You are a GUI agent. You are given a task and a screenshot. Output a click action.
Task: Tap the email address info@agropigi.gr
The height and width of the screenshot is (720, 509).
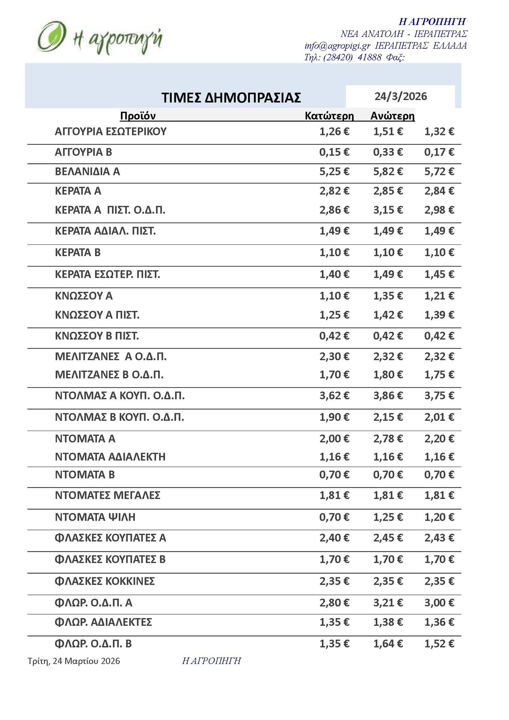[x=337, y=46]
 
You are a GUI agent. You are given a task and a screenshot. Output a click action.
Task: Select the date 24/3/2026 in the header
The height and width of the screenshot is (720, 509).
[x=400, y=96]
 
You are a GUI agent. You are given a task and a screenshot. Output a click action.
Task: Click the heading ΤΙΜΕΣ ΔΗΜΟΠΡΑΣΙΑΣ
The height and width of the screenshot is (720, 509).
[x=231, y=98]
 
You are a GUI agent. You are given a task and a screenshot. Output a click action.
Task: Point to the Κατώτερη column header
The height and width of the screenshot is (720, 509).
[x=329, y=116]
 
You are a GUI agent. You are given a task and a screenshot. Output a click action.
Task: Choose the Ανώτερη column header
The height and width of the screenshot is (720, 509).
[x=392, y=116]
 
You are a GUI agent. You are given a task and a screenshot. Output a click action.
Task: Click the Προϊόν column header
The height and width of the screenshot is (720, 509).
[x=138, y=116]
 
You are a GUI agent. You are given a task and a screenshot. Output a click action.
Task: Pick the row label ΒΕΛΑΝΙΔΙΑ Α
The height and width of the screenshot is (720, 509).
[x=87, y=171]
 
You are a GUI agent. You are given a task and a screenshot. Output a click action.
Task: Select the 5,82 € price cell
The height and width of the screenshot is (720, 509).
[x=388, y=171]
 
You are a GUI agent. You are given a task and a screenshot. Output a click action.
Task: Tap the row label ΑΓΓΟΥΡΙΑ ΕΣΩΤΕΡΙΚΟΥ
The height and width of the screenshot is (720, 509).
[x=111, y=132]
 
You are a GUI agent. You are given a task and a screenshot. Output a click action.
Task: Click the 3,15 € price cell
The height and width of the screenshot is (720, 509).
[x=388, y=210]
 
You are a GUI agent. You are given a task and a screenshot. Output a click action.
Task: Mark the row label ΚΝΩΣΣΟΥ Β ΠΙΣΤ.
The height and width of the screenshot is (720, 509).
[x=97, y=336]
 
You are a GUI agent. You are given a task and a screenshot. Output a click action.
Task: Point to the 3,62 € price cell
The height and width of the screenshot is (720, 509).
[x=334, y=395]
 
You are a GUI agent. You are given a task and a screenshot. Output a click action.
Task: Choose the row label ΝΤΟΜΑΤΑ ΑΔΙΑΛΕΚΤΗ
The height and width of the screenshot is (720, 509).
[x=110, y=457]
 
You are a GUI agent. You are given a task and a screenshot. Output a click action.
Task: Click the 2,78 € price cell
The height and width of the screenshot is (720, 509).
[x=388, y=438]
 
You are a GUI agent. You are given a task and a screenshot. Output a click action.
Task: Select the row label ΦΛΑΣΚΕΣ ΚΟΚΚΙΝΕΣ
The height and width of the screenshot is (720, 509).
[x=105, y=581]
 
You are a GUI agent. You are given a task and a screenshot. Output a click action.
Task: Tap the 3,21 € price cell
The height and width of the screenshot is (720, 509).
[x=388, y=602]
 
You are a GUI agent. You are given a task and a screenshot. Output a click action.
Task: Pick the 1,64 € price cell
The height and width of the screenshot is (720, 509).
[x=388, y=644]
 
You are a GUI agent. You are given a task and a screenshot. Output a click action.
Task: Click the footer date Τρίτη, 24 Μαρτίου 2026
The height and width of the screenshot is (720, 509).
[x=74, y=661]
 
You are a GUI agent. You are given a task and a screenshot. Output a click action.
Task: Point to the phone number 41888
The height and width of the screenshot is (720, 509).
[x=369, y=57]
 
